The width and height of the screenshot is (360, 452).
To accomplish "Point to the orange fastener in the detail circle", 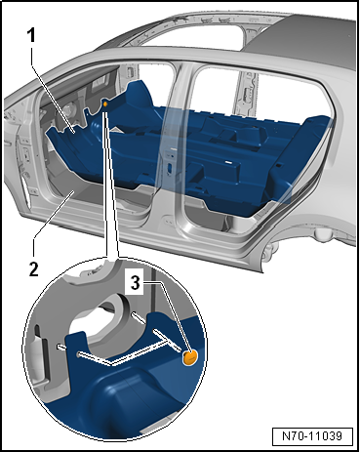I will click(190, 358).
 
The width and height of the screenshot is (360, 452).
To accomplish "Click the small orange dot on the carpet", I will click(104, 102).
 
